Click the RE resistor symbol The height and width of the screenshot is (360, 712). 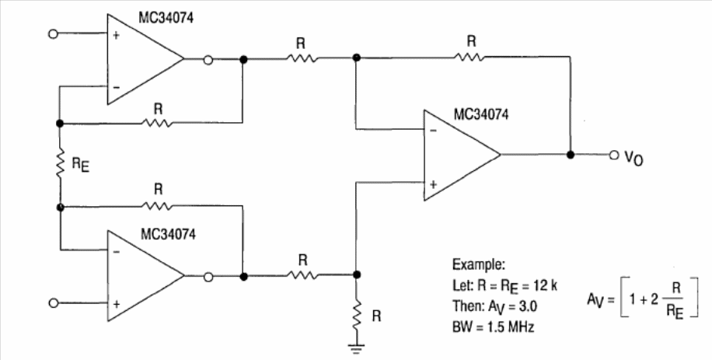click(59, 164)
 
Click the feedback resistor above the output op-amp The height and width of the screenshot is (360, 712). click(469, 56)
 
